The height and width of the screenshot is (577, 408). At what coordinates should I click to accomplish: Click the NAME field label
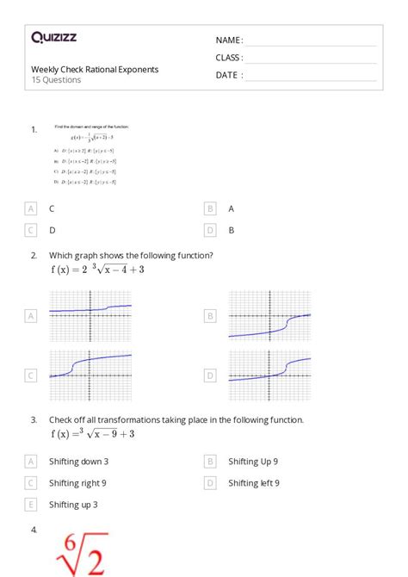pos(229,40)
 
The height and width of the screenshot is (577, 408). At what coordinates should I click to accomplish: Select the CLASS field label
pos(229,58)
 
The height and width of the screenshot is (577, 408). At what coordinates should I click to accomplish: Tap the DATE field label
pos(229,75)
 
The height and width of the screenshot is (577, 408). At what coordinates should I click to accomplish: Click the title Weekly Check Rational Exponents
pos(95,69)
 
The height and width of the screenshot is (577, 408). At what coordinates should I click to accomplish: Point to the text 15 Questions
pos(56,80)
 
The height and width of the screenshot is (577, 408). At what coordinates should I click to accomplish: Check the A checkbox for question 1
pos(31,208)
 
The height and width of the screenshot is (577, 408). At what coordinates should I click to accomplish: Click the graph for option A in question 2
pos(90,316)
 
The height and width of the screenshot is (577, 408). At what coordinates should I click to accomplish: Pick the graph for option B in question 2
pos(269,316)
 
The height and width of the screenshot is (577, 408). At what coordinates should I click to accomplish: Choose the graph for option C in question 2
pos(90,375)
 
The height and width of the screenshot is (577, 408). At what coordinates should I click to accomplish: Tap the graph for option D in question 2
pos(269,375)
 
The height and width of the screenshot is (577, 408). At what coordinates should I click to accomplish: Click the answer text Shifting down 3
pos(79,462)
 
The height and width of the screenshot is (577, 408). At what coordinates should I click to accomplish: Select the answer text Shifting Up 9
pos(253,462)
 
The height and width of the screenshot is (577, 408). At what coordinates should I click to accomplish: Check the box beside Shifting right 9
pos(31,483)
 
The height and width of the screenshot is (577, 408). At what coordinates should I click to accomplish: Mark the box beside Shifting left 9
pos(210,483)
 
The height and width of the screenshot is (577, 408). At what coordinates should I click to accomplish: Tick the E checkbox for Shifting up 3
pos(31,505)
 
